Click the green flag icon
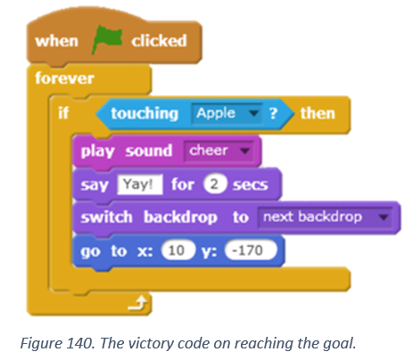tap(106, 39)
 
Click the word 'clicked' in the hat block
tap(159, 41)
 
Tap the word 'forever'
tap(64, 78)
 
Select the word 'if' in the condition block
tap(63, 113)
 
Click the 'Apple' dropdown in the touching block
tap(227, 113)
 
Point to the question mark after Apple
tap(273, 113)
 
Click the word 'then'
tap(318, 113)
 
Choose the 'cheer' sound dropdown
tap(219, 151)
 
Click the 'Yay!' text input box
tap(140, 184)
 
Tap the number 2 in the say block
tap(214, 184)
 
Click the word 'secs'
tap(251, 184)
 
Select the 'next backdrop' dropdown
tap(325, 217)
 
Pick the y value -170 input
tap(251, 250)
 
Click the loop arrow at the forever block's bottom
tap(137, 303)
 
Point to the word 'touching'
tap(145, 113)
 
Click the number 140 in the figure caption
tap(79, 343)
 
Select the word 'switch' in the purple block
tap(106, 217)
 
